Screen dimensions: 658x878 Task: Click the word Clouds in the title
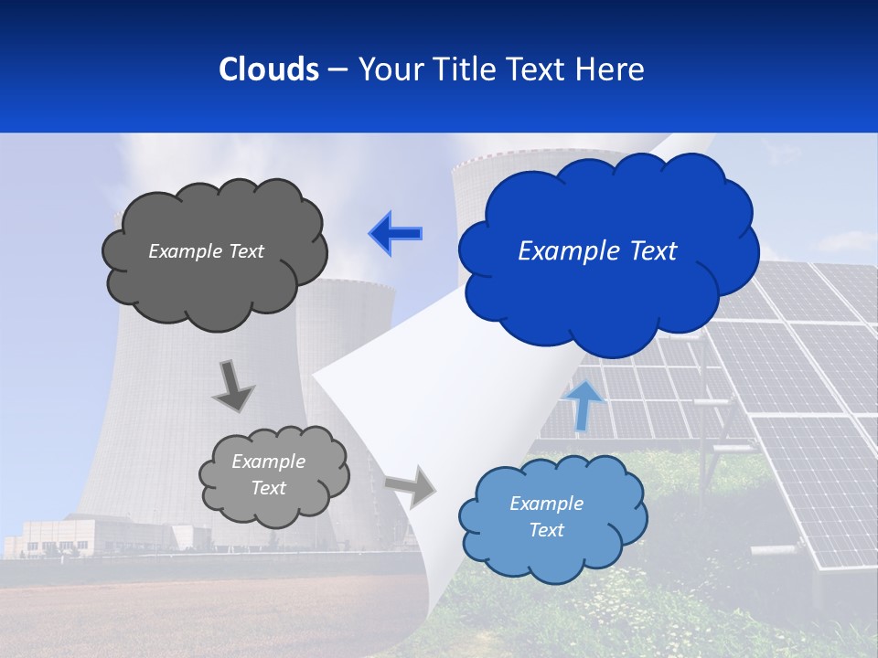tap(269, 69)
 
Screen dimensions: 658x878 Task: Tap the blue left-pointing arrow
tap(396, 234)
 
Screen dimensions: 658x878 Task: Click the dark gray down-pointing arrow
tap(232, 385)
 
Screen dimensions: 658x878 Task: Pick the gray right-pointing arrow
tap(411, 485)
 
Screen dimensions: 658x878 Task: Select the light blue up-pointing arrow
tap(583, 405)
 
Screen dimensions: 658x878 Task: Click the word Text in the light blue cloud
tap(546, 531)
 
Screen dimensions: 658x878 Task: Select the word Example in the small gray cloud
tap(268, 462)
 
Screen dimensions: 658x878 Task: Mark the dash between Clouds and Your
tap(337, 70)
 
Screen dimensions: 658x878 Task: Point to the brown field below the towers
tap(183, 612)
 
